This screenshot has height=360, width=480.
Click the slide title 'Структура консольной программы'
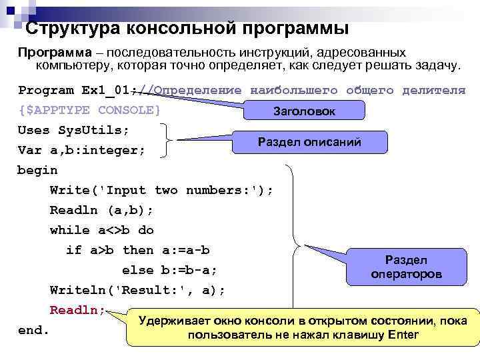[187, 29]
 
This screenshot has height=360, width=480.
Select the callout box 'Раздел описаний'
[309, 141]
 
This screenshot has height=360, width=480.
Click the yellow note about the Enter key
[303, 327]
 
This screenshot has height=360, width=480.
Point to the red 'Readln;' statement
[77, 310]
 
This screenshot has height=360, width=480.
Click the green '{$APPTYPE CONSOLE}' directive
[89, 110]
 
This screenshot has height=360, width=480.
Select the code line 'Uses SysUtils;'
[73, 129]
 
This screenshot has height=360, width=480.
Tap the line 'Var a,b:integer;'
[81, 150]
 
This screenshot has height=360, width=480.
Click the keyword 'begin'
[37, 170]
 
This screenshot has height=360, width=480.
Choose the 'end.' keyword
[33, 330]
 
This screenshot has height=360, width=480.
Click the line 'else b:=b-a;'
[169, 270]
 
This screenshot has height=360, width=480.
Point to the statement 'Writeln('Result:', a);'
[137, 290]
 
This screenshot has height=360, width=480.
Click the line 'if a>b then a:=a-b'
[137, 250]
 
